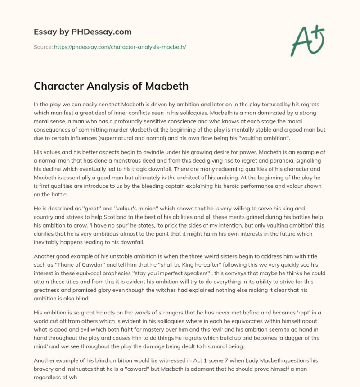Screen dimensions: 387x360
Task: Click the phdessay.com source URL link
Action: pos(120,46)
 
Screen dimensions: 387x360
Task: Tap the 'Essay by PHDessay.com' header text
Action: pos(82,32)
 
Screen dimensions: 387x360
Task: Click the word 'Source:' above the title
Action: pos(43,46)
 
